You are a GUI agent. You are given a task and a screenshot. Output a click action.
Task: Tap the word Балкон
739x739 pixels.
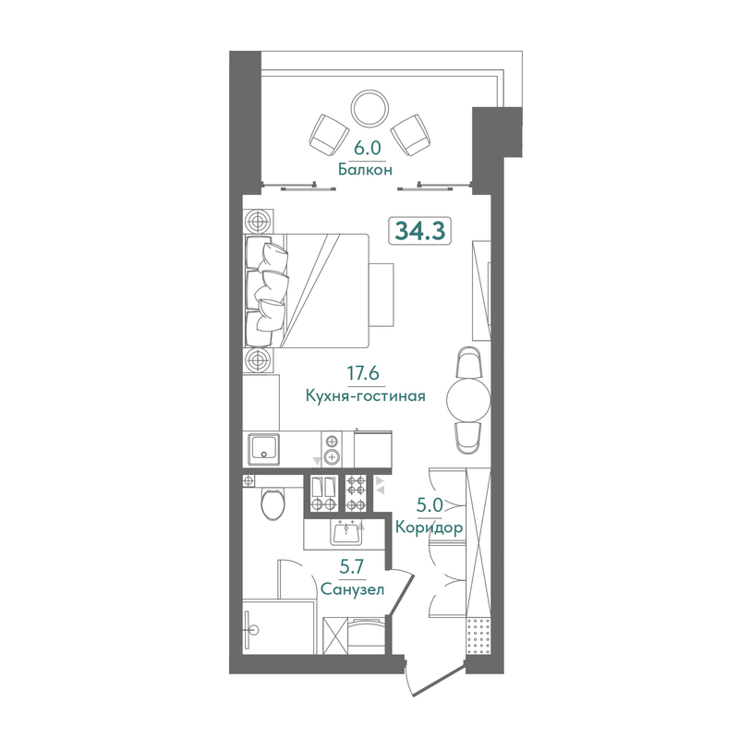[x=365, y=169]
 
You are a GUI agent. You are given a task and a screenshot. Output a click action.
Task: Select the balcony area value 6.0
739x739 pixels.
[x=367, y=148]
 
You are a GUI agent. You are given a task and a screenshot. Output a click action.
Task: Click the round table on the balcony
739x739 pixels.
[x=370, y=108]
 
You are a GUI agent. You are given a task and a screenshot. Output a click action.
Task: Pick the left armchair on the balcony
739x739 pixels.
[x=329, y=135]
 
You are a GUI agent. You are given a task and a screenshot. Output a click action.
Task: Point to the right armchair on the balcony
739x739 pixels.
[x=411, y=135]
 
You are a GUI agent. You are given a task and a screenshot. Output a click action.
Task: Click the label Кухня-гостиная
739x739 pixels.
[x=365, y=395]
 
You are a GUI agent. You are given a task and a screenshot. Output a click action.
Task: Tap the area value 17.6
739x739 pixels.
[x=363, y=373]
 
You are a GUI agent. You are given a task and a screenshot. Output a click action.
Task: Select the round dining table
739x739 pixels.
[x=468, y=400]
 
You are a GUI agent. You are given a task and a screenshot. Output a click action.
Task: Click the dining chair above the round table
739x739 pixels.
[x=469, y=362]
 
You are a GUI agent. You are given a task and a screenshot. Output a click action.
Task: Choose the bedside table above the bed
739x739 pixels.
[x=259, y=221]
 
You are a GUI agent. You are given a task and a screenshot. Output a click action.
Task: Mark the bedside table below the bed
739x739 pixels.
[x=259, y=361]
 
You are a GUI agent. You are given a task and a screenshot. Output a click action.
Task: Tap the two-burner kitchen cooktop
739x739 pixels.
[x=332, y=449]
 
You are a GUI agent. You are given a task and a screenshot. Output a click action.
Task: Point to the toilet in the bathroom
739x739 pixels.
[x=273, y=503]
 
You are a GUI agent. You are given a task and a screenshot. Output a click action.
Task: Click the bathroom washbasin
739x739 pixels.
[x=345, y=534]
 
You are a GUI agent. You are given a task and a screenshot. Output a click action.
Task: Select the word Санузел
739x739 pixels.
[x=352, y=589]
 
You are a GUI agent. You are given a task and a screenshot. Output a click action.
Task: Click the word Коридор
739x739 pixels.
[x=429, y=527]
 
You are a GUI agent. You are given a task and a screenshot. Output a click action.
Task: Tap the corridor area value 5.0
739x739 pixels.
[x=430, y=505]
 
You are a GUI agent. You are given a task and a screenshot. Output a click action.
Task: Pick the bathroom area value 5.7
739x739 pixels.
[x=353, y=567]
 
